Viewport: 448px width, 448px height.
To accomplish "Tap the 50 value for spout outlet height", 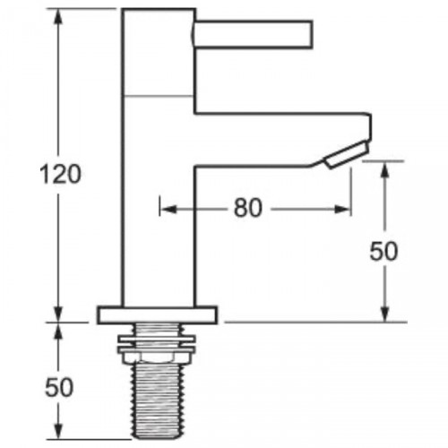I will coord(384,252).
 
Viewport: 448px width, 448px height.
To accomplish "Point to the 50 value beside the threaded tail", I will coord(59,387).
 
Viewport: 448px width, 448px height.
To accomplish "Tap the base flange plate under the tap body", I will coord(158,314).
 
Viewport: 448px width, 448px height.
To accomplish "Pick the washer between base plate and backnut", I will coord(158,330).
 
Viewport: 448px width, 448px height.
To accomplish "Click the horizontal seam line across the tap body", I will coord(158,94).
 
